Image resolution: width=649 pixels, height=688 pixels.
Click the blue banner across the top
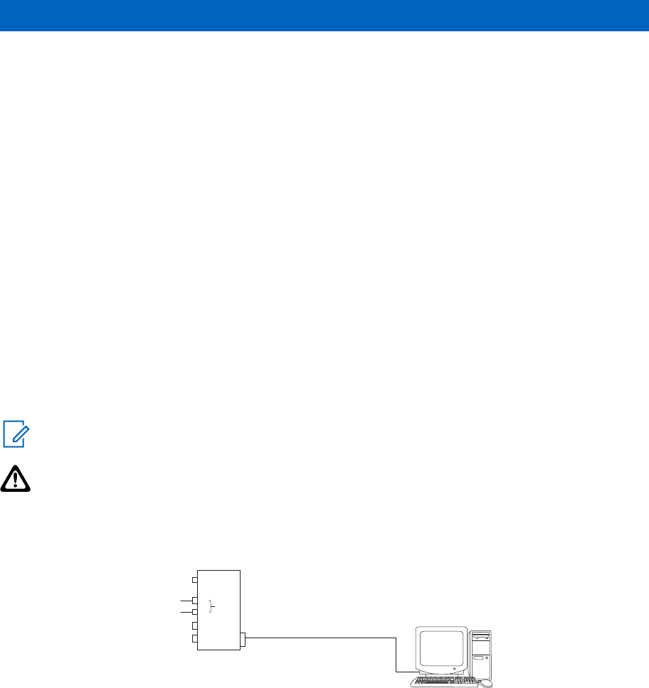click(324, 15)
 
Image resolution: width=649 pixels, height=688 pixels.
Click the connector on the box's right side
click(243, 640)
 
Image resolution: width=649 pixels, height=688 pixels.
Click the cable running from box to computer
click(320, 638)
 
